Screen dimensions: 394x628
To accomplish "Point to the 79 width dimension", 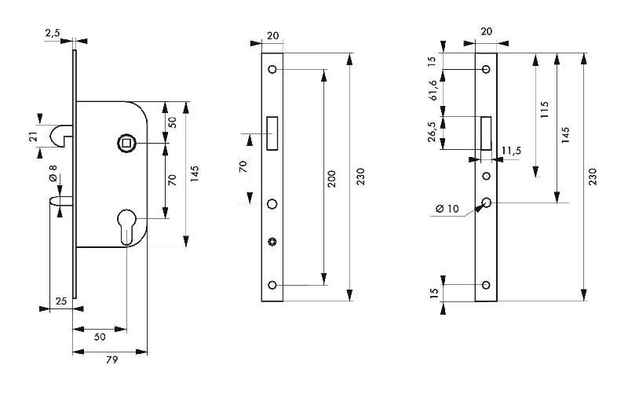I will click(111, 359).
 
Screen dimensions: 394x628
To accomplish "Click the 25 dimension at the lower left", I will click(60, 301).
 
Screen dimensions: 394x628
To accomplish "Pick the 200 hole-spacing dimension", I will click(331, 179).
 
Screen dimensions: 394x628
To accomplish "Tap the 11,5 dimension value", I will click(511, 150).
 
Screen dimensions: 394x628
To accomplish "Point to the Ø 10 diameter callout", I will click(447, 209).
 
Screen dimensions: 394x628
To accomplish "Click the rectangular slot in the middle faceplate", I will click(272, 133).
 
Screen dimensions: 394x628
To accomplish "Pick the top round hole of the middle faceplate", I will click(272, 69).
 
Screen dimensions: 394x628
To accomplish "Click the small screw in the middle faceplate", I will click(272, 240).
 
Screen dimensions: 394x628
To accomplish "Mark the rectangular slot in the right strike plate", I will click(487, 132).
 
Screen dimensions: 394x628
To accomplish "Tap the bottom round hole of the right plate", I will click(487, 285).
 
